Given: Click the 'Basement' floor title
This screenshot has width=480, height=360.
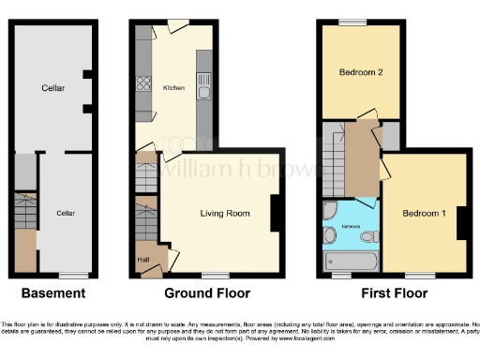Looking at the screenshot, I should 53,293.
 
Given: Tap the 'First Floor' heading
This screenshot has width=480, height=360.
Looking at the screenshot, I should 391,293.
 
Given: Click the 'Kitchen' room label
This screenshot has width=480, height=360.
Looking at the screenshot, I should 174,89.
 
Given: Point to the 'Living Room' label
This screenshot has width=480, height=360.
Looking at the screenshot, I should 225,214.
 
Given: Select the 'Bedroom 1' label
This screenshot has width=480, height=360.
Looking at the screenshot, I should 424,214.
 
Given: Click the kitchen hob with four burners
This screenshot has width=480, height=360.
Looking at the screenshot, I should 145,83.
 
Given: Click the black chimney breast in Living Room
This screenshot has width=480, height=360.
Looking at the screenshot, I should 275,213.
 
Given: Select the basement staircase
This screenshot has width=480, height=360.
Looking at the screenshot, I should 25,207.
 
